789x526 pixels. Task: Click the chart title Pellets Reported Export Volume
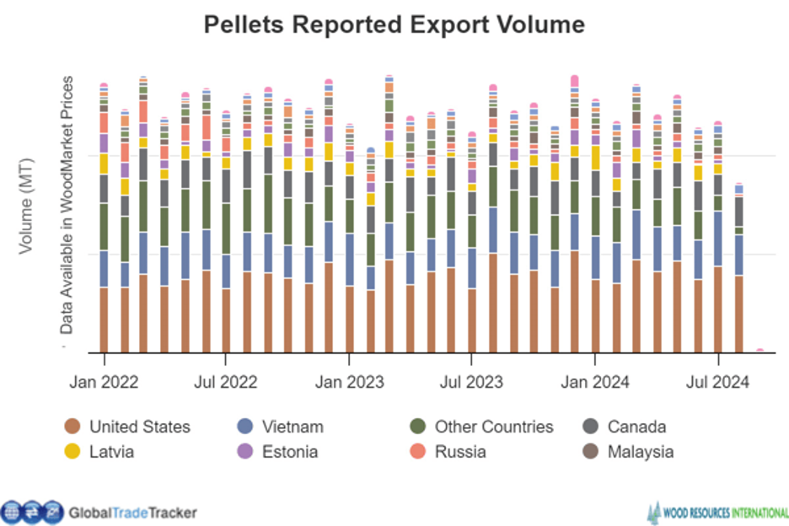coord(394,24)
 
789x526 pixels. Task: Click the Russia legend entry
coord(460,452)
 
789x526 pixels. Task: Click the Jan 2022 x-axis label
coord(104,382)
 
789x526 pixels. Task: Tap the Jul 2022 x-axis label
coord(227,382)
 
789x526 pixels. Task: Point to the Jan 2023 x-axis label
coord(349,382)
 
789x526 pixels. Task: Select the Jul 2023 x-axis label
coord(472,382)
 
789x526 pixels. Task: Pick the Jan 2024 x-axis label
coord(595,382)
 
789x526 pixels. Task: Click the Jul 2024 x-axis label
coord(717,382)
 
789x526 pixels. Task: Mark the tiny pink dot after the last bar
coord(759,350)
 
